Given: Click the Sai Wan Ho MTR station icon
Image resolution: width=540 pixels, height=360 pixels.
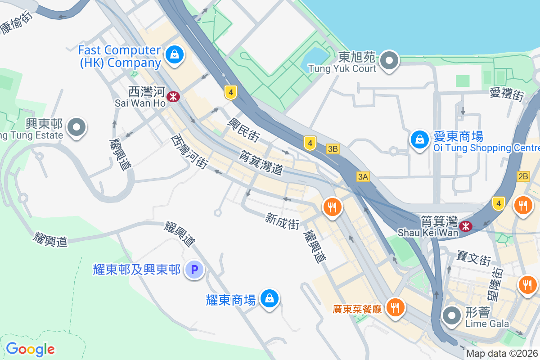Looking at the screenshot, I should [173, 96].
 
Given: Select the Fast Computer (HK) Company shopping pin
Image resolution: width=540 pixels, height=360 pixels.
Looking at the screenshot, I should [173, 55].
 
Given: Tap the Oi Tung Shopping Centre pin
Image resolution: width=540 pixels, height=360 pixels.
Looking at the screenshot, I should [419, 139].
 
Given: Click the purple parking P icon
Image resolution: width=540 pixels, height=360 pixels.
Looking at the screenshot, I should [195, 270].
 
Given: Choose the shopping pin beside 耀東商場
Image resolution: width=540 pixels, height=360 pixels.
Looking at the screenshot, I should [269, 298].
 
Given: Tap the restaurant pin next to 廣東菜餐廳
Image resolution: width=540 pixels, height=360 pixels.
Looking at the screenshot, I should [396, 308].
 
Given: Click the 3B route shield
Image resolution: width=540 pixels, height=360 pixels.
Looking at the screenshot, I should [333, 149].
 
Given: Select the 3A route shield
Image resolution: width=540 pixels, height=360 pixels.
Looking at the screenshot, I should [363, 177].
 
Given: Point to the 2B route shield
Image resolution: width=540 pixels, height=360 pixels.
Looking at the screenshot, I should [523, 176].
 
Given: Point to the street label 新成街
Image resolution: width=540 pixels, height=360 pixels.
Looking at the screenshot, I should [282, 221].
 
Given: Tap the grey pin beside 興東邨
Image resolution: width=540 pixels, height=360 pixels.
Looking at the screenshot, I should [76, 127].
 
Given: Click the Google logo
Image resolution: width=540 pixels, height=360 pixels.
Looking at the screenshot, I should [30, 349].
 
